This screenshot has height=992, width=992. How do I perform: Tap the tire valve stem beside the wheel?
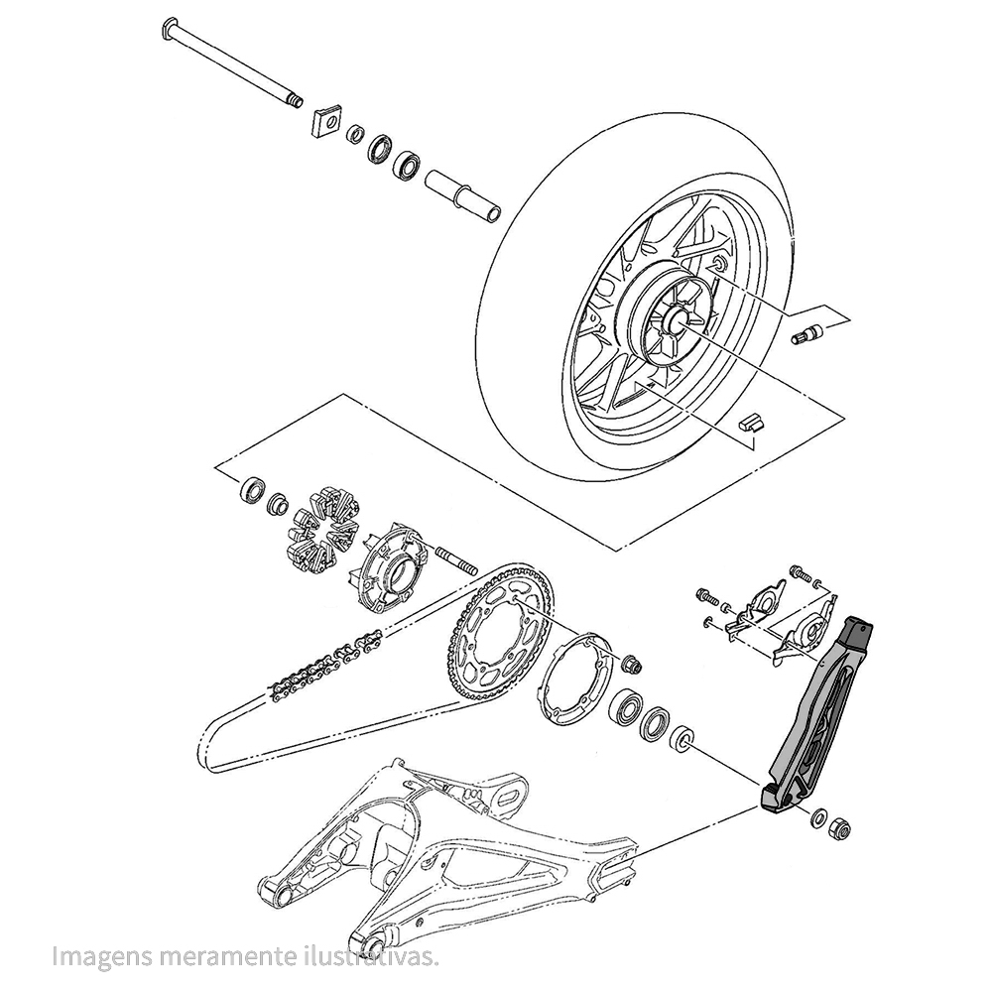coord(806,333)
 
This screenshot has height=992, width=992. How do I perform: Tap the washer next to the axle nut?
coord(819,818)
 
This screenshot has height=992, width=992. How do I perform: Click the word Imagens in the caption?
coord(102,956)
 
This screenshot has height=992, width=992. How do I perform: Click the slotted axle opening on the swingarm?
coord(509,798)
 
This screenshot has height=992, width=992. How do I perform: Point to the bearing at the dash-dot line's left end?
coord(251,490)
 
